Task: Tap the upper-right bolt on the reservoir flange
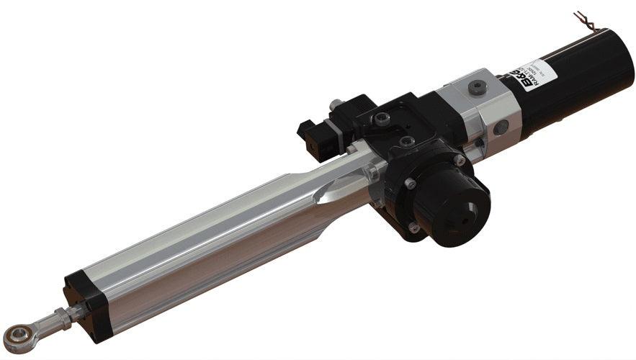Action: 459,161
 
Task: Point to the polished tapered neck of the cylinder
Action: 339,184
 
